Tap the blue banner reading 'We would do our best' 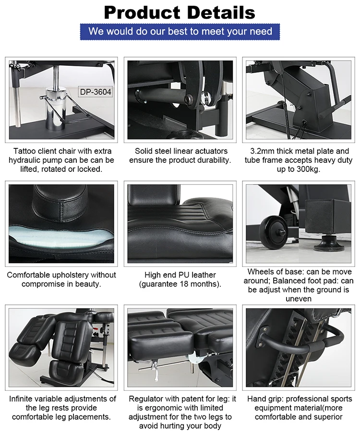(x=180, y=32)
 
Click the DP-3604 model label (x=95, y=92)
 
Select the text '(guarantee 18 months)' (x=180, y=284)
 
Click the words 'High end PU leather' (x=180, y=275)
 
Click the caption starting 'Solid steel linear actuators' (x=180, y=156)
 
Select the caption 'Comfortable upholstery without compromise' (x=61, y=279)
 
